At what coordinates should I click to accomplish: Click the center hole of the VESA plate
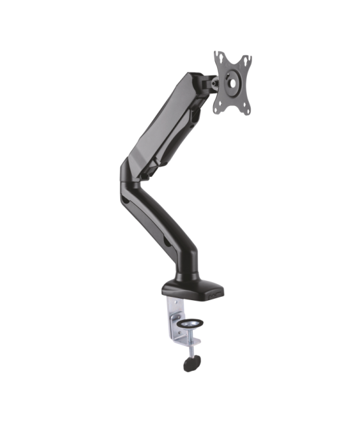tap(232, 82)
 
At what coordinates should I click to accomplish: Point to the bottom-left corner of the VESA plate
tap(216, 107)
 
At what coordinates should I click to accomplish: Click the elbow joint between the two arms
tap(129, 172)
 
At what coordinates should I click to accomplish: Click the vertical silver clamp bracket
tap(172, 318)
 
